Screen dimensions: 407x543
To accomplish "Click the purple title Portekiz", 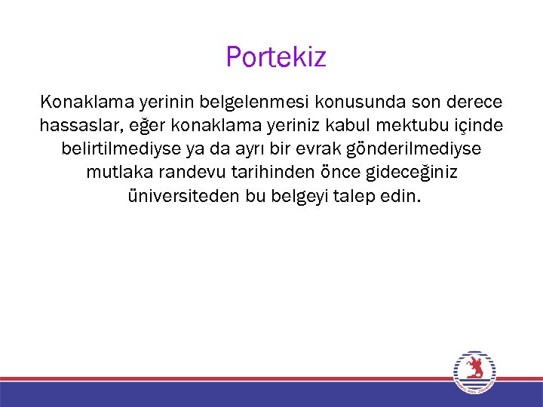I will pyautogui.click(x=275, y=57).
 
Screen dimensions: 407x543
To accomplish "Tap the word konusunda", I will pyautogui.click(x=354, y=100).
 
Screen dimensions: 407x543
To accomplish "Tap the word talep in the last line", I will pyautogui.click(x=354, y=197).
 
